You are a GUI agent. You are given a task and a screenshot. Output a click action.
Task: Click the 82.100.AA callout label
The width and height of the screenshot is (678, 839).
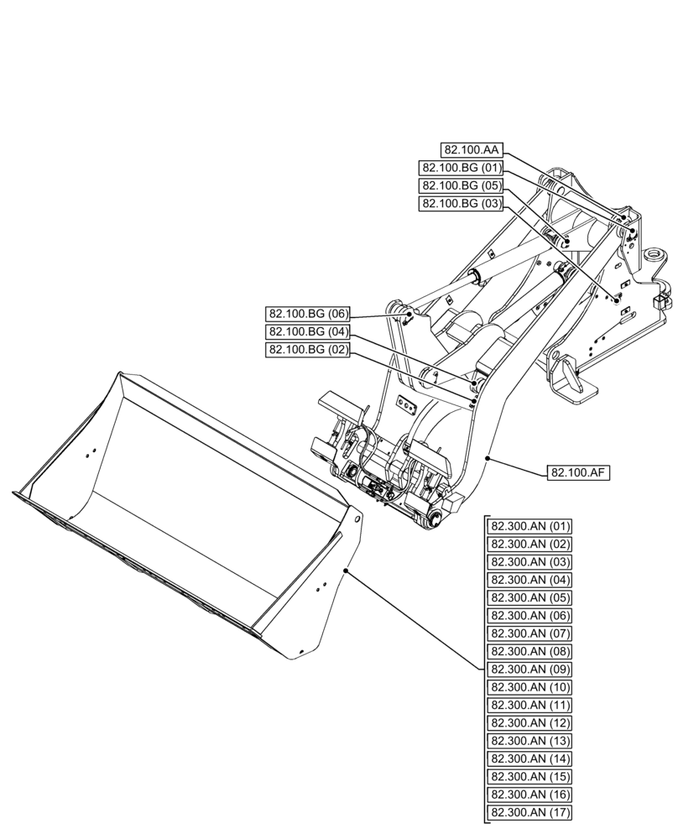[472, 150]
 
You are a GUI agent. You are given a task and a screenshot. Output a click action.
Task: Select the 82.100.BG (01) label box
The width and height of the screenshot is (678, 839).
[462, 168]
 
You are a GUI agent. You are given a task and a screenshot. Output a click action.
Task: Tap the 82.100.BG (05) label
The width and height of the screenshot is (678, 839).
[462, 185]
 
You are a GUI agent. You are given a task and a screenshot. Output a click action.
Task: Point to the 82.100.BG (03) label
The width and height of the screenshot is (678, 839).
[462, 204]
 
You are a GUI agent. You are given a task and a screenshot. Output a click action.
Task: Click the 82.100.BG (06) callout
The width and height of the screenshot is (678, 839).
[308, 314]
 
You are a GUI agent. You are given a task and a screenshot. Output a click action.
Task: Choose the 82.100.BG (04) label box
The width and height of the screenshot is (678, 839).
[308, 331]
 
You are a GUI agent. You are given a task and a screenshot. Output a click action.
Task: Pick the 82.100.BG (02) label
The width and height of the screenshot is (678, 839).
[308, 350]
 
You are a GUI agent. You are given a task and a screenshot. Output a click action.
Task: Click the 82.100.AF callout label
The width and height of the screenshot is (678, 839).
[579, 473]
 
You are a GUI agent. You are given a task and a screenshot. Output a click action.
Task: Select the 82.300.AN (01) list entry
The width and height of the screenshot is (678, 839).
[530, 527]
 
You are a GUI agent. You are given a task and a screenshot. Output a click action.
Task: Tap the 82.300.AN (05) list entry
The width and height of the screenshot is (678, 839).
[530, 598]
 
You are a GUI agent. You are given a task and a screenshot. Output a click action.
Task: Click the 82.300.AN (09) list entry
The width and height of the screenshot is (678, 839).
[530, 670]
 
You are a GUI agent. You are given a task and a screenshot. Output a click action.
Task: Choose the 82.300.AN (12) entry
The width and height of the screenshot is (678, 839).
[530, 723]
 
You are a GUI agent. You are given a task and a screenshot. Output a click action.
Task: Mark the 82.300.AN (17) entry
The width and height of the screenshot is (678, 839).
[530, 812]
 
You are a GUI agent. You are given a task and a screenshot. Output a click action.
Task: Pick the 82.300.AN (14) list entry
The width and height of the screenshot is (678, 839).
[530, 758]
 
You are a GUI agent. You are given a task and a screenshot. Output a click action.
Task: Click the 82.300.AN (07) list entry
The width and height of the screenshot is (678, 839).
[530, 633]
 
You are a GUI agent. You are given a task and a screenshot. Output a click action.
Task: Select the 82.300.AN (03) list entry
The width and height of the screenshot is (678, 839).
[530, 562]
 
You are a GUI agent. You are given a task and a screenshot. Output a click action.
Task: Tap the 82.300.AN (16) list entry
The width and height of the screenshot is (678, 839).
[530, 795]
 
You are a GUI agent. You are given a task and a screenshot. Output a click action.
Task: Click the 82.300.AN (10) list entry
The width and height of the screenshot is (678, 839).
[530, 687]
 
